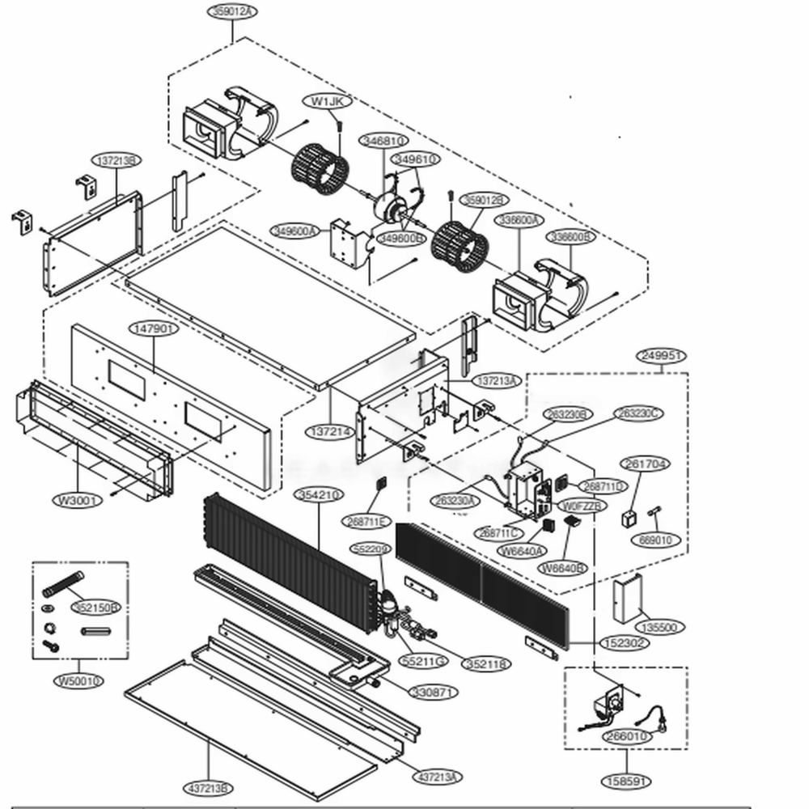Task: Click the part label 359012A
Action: point(231,11)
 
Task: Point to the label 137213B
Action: point(115,161)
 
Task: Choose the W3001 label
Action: point(78,501)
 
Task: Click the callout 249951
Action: point(662,356)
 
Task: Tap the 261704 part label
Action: point(645,464)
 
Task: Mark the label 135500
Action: point(656,627)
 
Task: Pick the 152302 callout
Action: point(624,643)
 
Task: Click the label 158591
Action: point(627,782)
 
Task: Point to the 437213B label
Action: point(209,788)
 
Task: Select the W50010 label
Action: point(79,681)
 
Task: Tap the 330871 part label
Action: point(434,693)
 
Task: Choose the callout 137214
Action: point(330,432)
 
